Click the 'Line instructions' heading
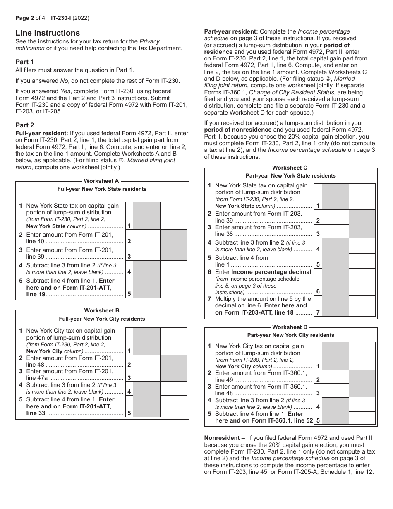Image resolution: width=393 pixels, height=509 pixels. click(48, 33)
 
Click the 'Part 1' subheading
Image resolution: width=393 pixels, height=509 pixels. click(25, 62)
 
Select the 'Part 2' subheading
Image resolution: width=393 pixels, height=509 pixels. click(25, 125)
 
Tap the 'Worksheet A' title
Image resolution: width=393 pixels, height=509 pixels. click(101, 181)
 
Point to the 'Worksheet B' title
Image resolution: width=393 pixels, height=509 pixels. click(102, 310)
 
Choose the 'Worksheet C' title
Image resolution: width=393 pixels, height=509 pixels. click(290, 168)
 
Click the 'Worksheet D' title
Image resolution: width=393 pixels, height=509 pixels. click(290, 327)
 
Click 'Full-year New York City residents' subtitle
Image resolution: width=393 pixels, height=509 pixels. click(102, 319)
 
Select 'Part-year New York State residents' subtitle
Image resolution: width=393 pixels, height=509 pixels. click(290, 176)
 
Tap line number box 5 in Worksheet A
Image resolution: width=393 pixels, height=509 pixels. click(129, 294)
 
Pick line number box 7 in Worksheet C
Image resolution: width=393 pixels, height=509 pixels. click(318, 312)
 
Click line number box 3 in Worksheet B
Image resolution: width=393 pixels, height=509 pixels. click(129, 378)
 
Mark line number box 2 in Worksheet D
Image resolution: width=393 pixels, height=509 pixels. click(318, 380)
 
